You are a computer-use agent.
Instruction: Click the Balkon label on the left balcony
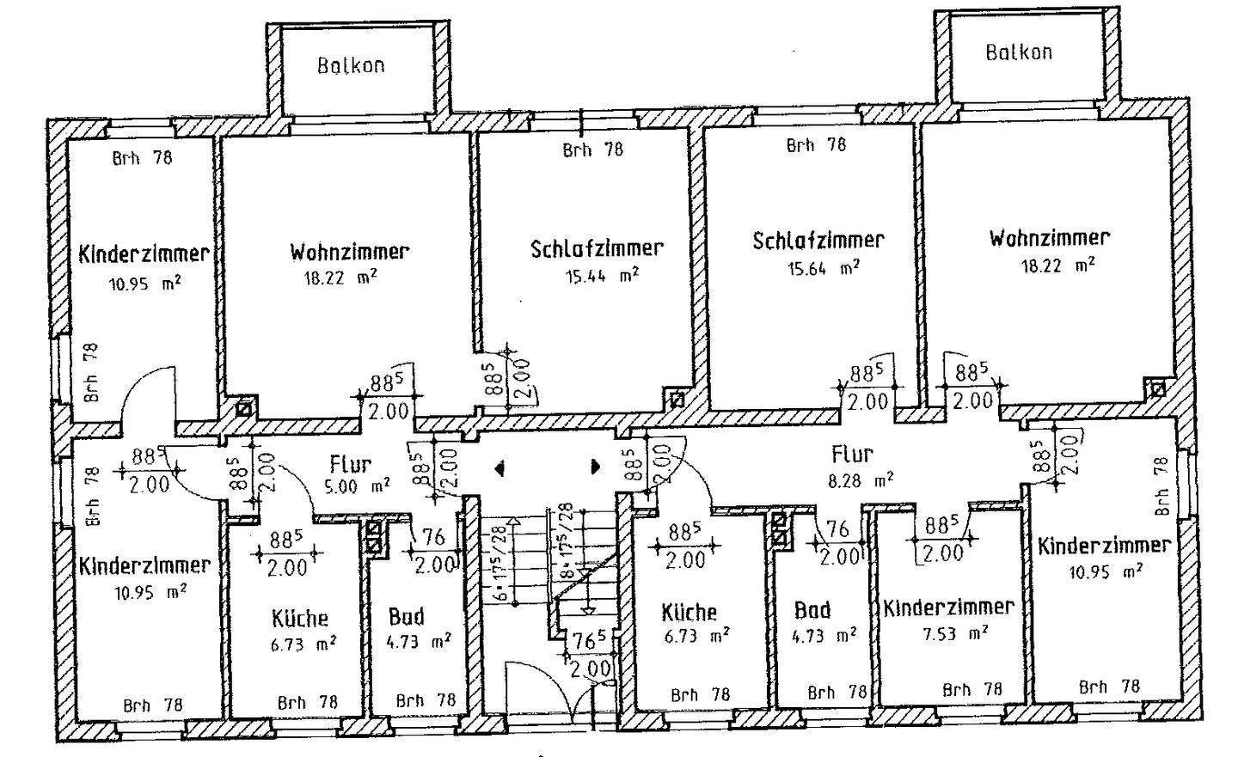click(x=351, y=65)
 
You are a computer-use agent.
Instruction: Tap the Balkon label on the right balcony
click(x=1019, y=52)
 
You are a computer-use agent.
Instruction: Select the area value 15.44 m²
click(x=601, y=276)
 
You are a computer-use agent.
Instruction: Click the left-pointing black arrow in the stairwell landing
click(x=499, y=468)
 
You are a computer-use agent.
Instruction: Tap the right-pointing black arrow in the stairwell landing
click(x=595, y=468)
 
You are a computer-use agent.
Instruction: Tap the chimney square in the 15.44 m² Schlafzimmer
click(x=677, y=400)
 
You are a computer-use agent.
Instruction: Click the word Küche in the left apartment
click(x=299, y=618)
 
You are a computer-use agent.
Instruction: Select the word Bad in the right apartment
click(x=812, y=610)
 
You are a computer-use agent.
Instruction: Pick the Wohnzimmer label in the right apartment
click(x=1049, y=237)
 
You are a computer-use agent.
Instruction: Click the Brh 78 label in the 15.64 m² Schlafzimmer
click(x=816, y=145)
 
